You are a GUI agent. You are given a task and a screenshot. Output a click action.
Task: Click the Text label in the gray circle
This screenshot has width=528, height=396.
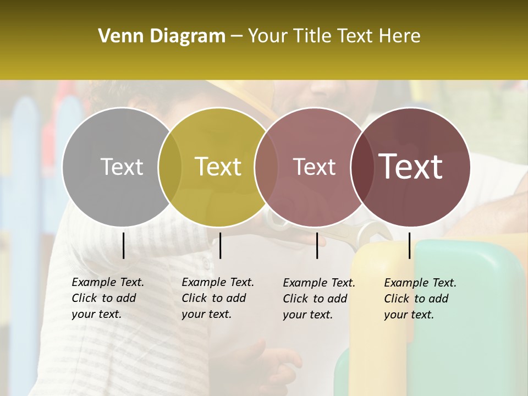point(122,167)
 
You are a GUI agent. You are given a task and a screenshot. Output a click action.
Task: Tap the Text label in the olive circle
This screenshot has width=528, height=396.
point(218,167)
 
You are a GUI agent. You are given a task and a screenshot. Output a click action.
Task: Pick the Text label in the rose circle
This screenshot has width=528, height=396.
point(315,167)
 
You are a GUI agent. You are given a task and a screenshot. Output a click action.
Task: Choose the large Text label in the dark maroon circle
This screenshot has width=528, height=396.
point(411,167)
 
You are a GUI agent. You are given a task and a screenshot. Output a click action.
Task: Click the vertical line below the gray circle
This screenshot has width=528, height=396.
point(124,245)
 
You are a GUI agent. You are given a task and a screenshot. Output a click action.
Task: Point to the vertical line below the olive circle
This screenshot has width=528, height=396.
point(220,245)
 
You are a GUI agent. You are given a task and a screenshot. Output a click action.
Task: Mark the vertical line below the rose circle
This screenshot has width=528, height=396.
point(317,245)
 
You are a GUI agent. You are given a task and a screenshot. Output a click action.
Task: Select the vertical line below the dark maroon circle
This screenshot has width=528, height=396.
point(410,245)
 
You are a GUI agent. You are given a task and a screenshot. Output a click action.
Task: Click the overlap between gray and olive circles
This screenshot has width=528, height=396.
point(170,167)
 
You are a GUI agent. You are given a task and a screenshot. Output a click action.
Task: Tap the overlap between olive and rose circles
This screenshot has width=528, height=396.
point(266,167)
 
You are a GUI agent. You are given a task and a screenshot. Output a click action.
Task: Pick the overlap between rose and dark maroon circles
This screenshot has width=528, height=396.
point(361,167)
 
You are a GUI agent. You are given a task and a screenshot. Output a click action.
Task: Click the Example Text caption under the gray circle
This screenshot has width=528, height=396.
point(107,298)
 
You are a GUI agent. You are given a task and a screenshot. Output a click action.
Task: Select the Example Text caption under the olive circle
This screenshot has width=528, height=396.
point(217,298)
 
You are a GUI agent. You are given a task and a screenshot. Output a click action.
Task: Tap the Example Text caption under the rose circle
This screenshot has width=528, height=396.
point(318,299)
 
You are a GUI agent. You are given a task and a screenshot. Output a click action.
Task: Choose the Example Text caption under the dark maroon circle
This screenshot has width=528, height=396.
point(420,299)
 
